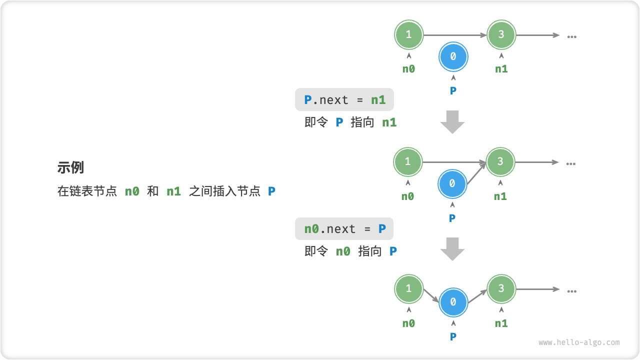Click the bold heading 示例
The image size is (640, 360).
(x=70, y=168)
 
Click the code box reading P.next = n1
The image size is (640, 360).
(x=344, y=100)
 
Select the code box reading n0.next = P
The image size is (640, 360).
(x=344, y=229)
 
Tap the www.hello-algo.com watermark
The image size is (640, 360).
(x=579, y=342)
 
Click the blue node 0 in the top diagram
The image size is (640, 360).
(x=453, y=57)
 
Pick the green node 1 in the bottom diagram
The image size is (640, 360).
(x=408, y=289)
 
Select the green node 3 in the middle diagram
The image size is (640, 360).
(x=500, y=162)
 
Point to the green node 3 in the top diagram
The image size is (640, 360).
(x=501, y=35)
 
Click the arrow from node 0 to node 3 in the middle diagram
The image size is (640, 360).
(x=476, y=173)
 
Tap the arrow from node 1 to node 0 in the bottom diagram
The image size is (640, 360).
(x=431, y=295)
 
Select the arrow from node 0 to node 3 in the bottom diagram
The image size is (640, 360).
(x=477, y=296)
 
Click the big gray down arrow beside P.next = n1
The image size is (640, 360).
(x=452, y=121)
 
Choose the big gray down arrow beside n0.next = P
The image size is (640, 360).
(x=452, y=248)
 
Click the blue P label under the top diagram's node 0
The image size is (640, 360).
(x=453, y=91)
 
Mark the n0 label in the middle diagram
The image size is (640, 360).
(x=408, y=196)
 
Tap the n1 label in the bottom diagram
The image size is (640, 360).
(x=501, y=323)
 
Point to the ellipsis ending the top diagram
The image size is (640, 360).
(x=572, y=36)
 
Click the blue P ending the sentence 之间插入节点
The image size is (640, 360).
(x=271, y=191)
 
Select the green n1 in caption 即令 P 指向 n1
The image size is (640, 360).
(x=389, y=122)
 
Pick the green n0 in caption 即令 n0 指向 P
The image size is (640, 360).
(x=343, y=251)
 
